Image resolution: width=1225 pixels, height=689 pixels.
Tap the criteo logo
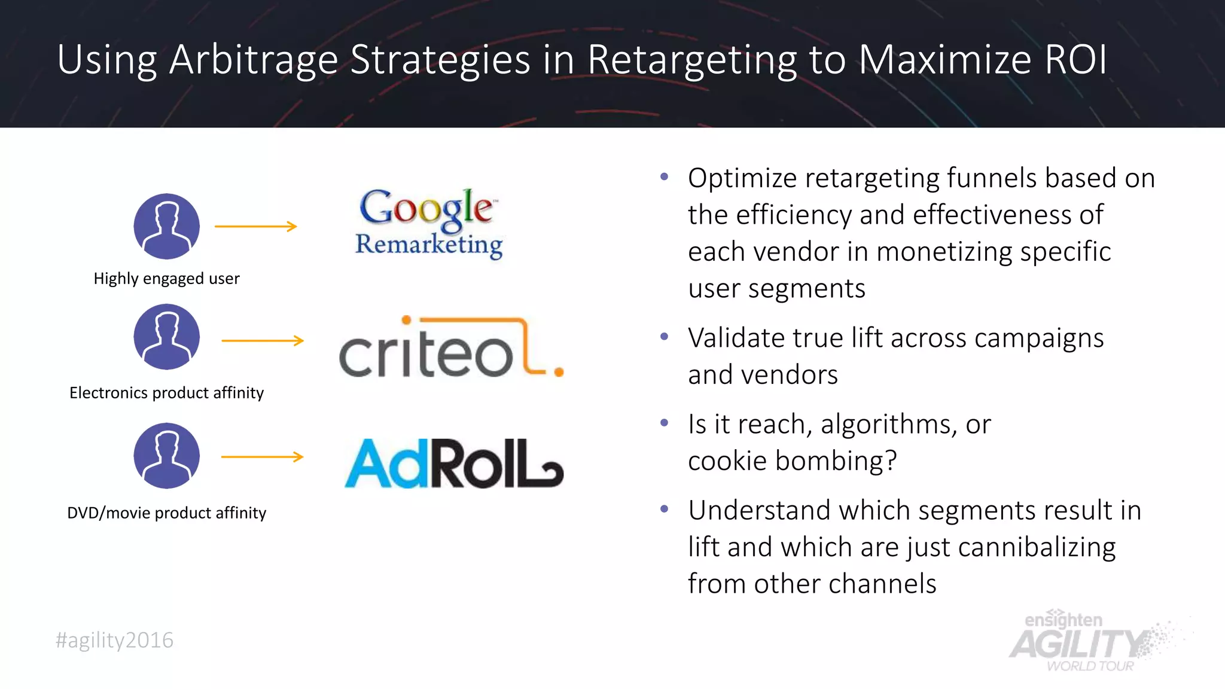tap(450, 348)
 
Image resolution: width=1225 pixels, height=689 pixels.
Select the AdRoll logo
tap(453, 464)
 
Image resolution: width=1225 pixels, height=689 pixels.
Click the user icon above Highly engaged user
tap(166, 226)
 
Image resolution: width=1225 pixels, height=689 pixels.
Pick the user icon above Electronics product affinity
tap(166, 337)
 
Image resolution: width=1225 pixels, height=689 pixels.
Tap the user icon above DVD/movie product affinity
tap(166, 456)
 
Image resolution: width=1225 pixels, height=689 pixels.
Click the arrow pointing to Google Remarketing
tap(256, 226)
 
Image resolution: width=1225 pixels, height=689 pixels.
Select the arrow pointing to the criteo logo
tap(263, 341)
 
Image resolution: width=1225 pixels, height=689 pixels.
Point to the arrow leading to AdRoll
tap(263, 457)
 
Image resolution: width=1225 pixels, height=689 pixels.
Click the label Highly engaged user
tap(166, 279)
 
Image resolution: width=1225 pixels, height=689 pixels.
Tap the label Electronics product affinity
tap(166, 393)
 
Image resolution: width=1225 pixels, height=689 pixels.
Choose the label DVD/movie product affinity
tap(166, 513)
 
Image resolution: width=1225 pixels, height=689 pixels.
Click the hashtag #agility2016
tap(114, 640)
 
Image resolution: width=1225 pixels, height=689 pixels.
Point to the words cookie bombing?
tap(792, 461)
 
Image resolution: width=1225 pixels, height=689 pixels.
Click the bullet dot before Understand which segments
tap(664, 510)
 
